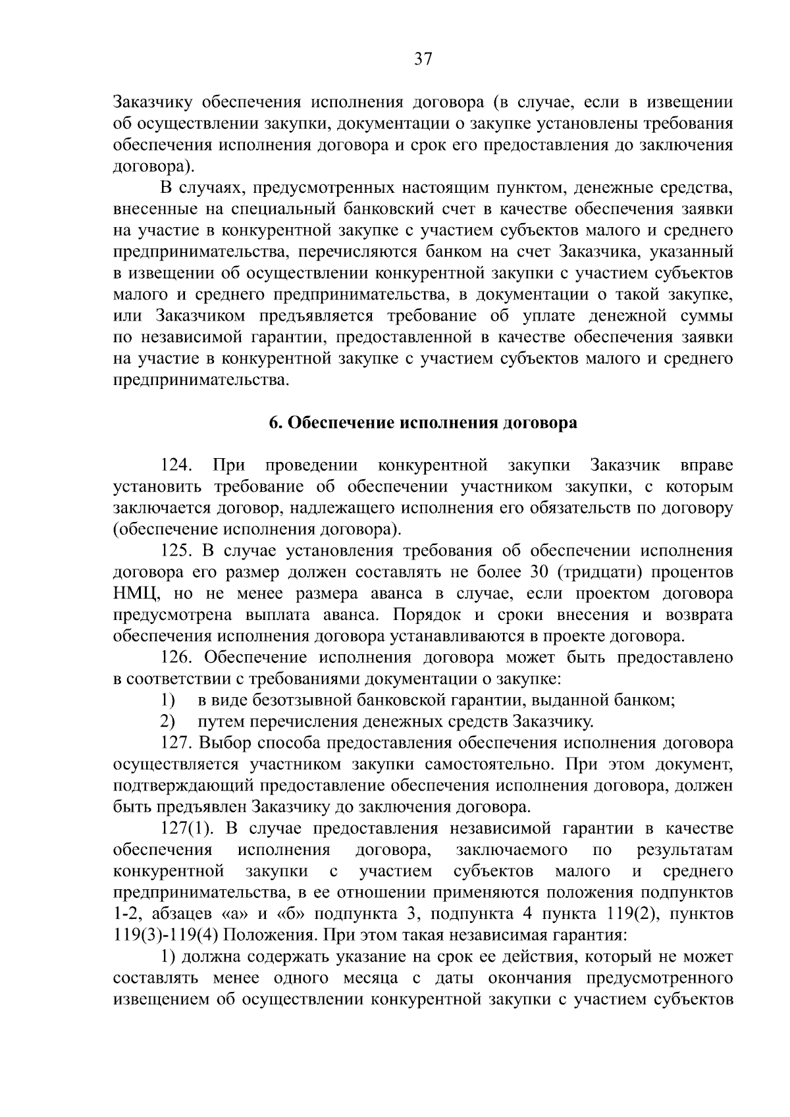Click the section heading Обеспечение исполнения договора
(423, 423)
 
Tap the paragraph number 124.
(176, 465)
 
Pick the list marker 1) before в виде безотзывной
(168, 700)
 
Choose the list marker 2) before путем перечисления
(168, 721)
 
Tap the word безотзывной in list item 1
(303, 700)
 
